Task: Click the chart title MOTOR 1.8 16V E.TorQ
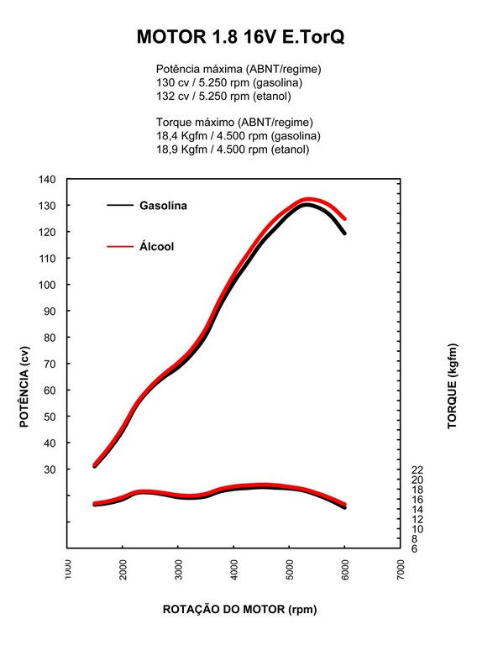coord(240,37)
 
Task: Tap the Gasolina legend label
coord(163,205)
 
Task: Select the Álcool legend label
coord(157,246)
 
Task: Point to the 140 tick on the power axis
coord(47,180)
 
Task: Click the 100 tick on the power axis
coord(47,285)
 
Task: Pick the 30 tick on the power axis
coord(50,469)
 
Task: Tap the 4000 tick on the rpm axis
coord(233,569)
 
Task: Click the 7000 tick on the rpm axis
coord(401,569)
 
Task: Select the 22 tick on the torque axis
coord(417,469)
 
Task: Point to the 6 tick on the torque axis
coord(414,548)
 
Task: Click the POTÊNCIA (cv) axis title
coord(24,387)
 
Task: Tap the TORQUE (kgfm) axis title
coord(452,385)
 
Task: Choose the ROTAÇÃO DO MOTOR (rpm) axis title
coord(239,609)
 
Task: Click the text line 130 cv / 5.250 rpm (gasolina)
coord(229,82)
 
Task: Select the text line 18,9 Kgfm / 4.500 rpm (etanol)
coord(233,149)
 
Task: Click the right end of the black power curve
coord(344,233)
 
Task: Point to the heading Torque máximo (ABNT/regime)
coord(234,122)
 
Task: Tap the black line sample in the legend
coord(120,205)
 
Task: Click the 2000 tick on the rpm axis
coord(123,569)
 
